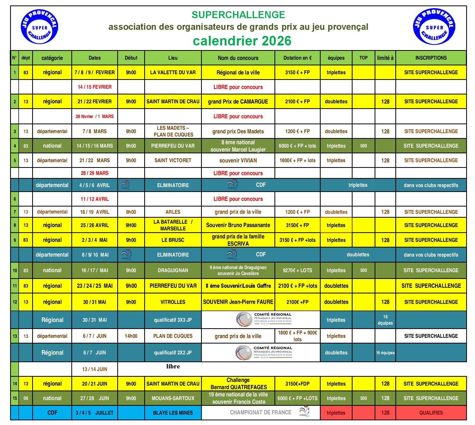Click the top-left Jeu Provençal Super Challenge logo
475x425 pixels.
pyautogui.click(x=39, y=27)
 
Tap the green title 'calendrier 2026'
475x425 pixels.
pyautogui.click(x=242, y=41)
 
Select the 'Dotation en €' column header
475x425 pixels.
pyautogui.click(x=297, y=58)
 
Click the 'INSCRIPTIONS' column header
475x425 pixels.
pyautogui.click(x=431, y=58)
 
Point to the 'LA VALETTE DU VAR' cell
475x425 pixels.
pyautogui.click(x=173, y=72)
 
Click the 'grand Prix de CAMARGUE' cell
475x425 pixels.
pyautogui.click(x=238, y=101)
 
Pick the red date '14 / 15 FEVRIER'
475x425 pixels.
pyautogui.click(x=94, y=87)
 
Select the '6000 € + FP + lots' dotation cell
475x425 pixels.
pyautogui.click(x=297, y=146)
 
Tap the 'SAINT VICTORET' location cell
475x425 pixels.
pyautogui.click(x=173, y=160)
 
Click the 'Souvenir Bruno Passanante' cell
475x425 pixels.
pyautogui.click(x=238, y=225)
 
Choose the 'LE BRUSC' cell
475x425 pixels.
pyautogui.click(x=173, y=240)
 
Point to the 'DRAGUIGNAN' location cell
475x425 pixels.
pyautogui.click(x=173, y=270)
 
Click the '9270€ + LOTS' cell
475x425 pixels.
pyautogui.click(x=297, y=270)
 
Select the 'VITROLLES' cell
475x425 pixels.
pyautogui.click(x=173, y=302)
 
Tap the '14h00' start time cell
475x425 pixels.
pyautogui.click(x=131, y=336)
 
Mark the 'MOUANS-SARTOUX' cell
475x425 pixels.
pyautogui.click(x=173, y=398)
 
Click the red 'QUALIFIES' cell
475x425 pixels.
pyautogui.click(x=431, y=413)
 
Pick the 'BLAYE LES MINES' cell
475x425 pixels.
pyautogui.click(x=173, y=413)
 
